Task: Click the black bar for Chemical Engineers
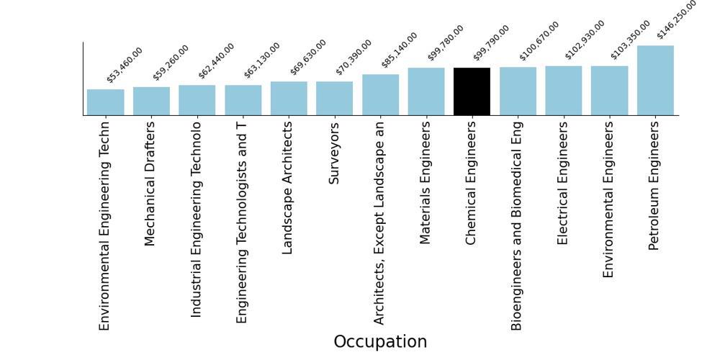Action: tap(472, 91)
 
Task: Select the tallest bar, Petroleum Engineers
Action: tap(655, 81)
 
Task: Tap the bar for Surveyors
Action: tap(334, 98)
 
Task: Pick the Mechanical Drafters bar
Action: tap(151, 101)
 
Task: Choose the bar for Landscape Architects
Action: tap(289, 98)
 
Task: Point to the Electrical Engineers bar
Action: tap(564, 91)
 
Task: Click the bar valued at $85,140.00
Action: tap(380, 94)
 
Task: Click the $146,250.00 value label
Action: tap(677, 19)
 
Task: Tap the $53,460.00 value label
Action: tap(125, 65)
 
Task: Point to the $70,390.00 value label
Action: tap(354, 57)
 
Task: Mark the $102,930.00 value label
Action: tap(585, 40)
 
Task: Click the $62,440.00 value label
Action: tap(216, 60)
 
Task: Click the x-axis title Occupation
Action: tap(380, 342)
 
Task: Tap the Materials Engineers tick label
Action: tap(426, 183)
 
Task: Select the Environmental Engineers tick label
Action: tap(608, 199)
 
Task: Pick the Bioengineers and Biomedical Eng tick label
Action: tap(516, 226)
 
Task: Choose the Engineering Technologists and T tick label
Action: tap(241, 222)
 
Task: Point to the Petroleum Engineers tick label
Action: tap(654, 186)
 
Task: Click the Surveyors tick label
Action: tap(334, 153)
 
